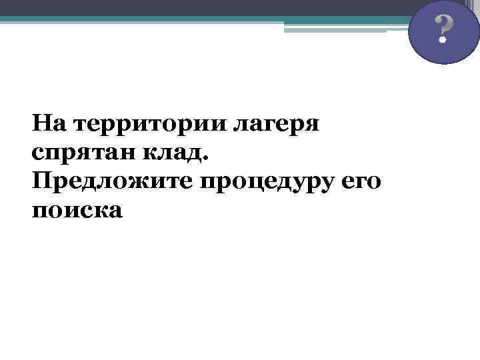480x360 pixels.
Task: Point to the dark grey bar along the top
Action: click(200, 7)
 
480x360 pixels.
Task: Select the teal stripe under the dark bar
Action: click(200, 19)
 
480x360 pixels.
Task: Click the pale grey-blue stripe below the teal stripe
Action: click(333, 28)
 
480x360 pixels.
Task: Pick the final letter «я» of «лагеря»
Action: click(313, 126)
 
